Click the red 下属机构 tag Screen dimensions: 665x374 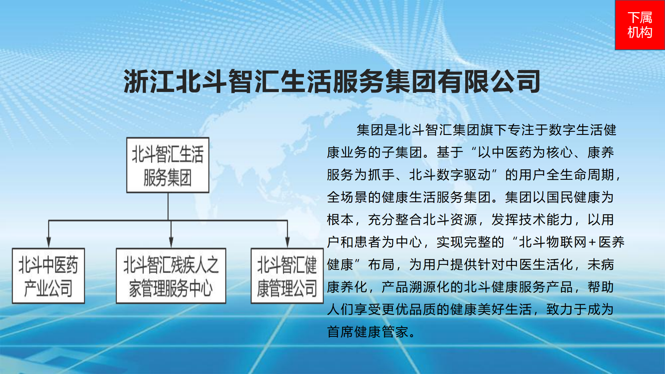[x=640, y=25]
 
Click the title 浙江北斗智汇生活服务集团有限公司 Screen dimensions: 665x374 [x=332, y=81]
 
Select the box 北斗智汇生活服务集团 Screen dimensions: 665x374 [x=168, y=165]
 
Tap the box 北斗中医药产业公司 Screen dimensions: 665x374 [x=48, y=276]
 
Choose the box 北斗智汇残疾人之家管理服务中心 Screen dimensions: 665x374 [x=171, y=276]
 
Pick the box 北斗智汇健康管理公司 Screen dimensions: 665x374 [x=287, y=276]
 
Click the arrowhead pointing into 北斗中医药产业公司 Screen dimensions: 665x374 [x=49, y=242]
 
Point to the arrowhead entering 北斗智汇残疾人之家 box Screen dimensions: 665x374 [x=171, y=242]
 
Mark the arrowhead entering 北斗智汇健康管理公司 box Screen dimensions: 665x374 [x=287, y=242]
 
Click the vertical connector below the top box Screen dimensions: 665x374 [x=168, y=207]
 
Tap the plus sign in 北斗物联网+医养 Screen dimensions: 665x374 [x=592, y=242]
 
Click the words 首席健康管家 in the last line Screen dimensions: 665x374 [x=367, y=332]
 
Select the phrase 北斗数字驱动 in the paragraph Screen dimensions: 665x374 [x=450, y=175]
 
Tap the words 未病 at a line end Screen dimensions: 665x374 [x=600, y=265]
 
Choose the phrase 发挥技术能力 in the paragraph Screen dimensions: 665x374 [x=532, y=220]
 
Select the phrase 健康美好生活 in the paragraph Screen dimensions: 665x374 [x=491, y=309]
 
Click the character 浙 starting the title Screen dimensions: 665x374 [x=137, y=81]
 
